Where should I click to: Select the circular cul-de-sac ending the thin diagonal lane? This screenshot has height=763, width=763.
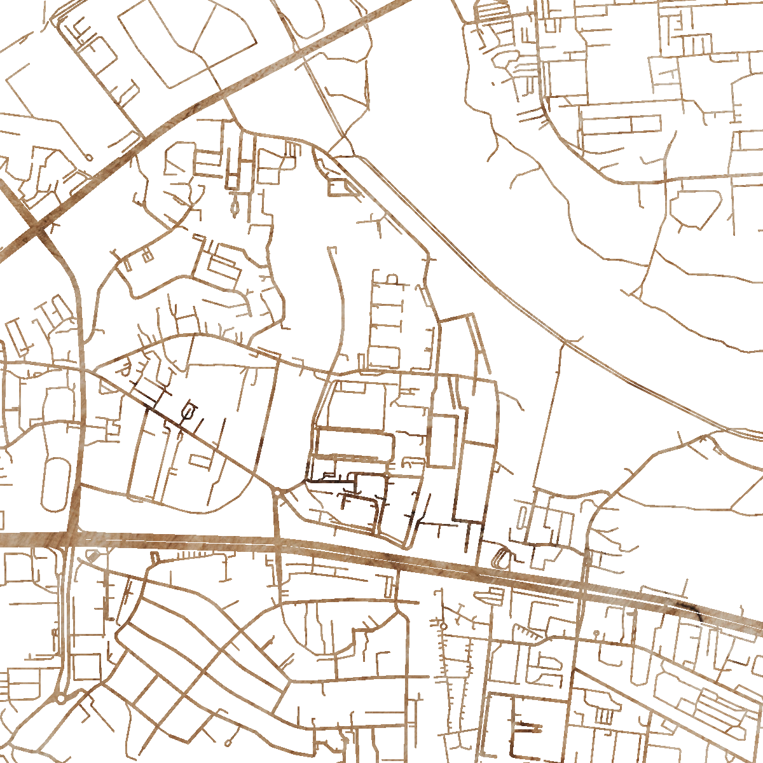tap(88, 157)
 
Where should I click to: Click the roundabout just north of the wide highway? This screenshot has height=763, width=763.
tap(278, 493)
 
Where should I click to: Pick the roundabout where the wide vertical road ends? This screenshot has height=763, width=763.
tap(60, 698)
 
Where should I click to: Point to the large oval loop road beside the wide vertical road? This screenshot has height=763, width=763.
tap(55, 483)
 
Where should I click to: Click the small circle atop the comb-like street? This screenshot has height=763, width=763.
tap(443, 627)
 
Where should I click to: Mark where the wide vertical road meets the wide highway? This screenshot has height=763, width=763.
tap(71, 539)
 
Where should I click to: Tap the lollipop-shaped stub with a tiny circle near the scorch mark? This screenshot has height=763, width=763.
tap(597, 634)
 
